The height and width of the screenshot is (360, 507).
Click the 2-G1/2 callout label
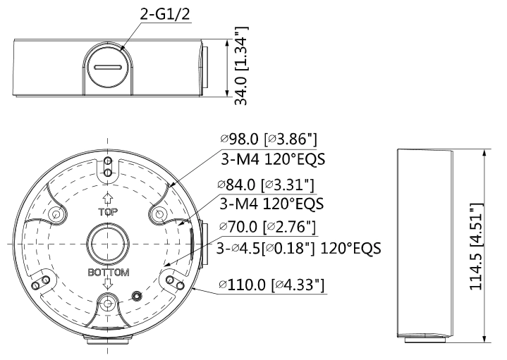165,15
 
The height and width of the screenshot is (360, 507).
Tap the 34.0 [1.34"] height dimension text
241,66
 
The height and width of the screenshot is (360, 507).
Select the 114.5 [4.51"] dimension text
476,247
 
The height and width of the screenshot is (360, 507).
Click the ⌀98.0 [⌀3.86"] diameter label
269,139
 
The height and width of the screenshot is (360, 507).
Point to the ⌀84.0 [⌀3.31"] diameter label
266,185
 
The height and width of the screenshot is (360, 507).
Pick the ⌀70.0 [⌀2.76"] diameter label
267,227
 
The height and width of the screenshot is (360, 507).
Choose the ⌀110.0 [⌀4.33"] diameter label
271,285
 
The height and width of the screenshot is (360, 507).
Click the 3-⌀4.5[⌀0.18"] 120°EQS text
298,248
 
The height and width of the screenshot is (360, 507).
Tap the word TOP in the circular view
108,212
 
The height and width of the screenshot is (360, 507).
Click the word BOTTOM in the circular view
109,273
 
